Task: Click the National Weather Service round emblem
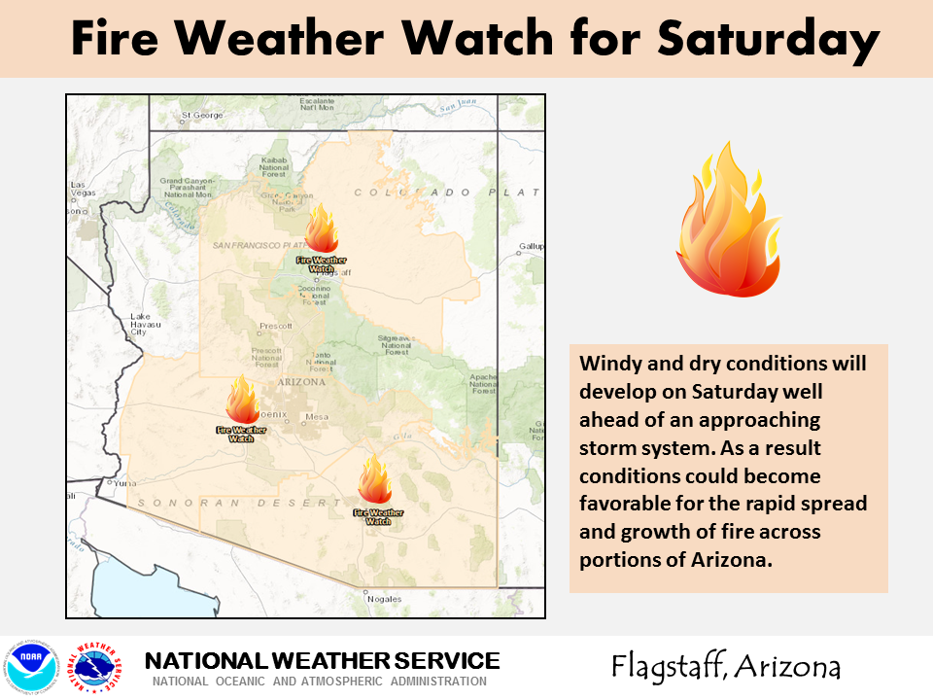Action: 98,667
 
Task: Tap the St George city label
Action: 203,116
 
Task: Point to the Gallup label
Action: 531,247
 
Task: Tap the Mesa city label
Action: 318,417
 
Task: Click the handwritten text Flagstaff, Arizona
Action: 725,667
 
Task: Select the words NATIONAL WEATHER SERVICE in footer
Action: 322,661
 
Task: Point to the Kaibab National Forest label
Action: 273,166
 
